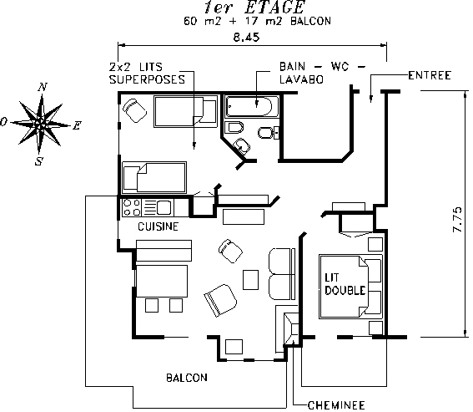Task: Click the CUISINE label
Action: pyautogui.click(x=158, y=226)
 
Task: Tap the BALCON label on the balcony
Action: pyautogui.click(x=187, y=378)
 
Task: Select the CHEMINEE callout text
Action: pyautogui.click(x=336, y=405)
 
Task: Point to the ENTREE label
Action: pyautogui.click(x=430, y=75)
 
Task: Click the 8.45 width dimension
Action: pyautogui.click(x=246, y=37)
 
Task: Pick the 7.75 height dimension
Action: pyautogui.click(x=457, y=219)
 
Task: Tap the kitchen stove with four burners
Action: pyautogui.click(x=133, y=207)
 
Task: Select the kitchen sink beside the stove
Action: pyautogui.click(x=164, y=207)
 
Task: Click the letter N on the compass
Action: pyautogui.click(x=43, y=88)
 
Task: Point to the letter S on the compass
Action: pyautogui.click(x=38, y=162)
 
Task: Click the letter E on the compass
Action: pyautogui.click(x=77, y=125)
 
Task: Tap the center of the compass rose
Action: pyautogui.click(x=39, y=124)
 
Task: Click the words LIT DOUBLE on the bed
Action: pyautogui.click(x=345, y=284)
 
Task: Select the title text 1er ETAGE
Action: pyautogui.click(x=254, y=8)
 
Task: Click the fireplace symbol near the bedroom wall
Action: pyautogui.click(x=291, y=329)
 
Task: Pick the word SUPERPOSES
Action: pyautogui.click(x=147, y=79)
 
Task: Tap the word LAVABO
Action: pyautogui.click(x=301, y=79)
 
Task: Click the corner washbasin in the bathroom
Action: pyautogui.click(x=242, y=146)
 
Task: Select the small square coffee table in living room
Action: pyautogui.click(x=250, y=280)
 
